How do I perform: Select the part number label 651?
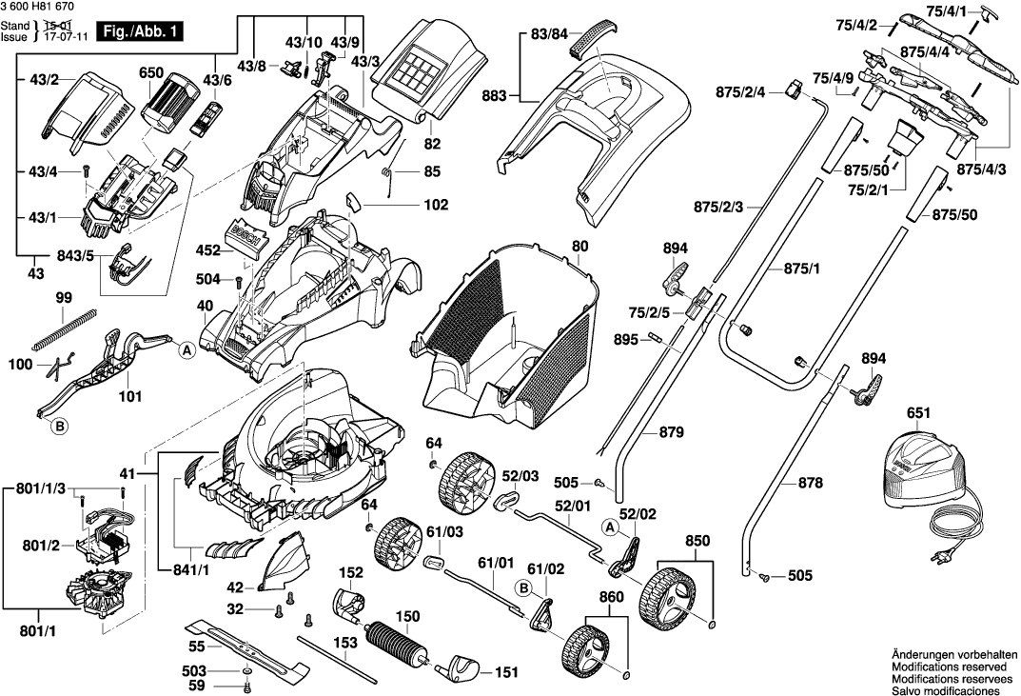click(x=919, y=414)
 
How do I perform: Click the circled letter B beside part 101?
click(x=59, y=428)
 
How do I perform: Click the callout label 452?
click(x=206, y=250)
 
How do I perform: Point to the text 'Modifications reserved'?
click(x=952, y=669)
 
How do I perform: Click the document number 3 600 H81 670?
click(x=44, y=9)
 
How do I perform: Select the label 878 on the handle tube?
click(x=811, y=484)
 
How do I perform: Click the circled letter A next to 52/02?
click(x=609, y=526)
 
